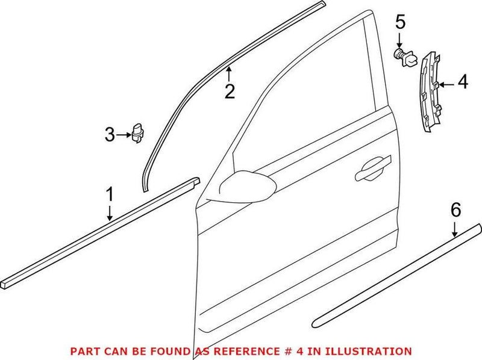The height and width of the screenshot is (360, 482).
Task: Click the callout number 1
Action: click(110, 194)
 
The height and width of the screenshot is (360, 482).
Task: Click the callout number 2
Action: click(230, 92)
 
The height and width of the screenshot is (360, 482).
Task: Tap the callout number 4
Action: click(462, 82)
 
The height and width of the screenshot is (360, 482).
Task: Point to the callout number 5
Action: click(401, 23)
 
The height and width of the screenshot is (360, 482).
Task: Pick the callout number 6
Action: click(455, 210)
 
